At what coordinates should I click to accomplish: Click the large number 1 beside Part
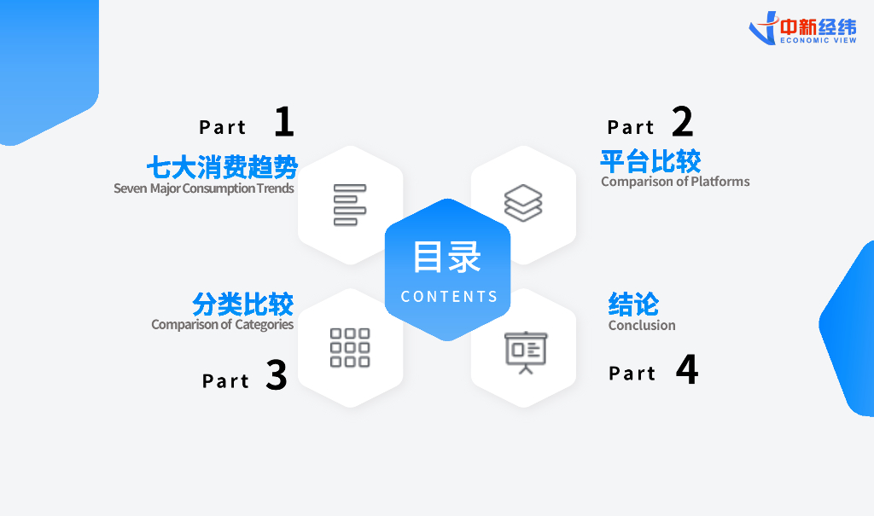point(284,122)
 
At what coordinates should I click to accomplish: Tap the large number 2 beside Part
point(682,122)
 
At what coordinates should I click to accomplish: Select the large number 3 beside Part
point(276,376)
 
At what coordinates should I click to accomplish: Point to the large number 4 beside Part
point(687,369)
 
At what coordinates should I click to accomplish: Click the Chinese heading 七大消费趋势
point(222,165)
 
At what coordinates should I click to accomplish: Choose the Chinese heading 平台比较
point(650,160)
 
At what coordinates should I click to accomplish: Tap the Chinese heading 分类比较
point(242,304)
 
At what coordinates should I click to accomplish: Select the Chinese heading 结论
point(633,304)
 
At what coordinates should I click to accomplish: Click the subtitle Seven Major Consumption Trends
point(204,188)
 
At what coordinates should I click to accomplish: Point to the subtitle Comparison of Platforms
point(675,182)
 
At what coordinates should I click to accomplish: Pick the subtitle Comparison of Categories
point(223,325)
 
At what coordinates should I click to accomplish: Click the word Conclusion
point(642,326)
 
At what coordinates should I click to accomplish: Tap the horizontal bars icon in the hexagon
point(350,205)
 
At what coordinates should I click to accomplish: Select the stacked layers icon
point(523,204)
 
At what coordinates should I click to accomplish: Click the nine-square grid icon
point(350,347)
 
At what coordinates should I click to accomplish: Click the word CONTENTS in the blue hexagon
point(449,297)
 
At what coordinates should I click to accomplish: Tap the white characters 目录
point(447,258)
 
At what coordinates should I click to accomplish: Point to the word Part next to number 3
point(225,381)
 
